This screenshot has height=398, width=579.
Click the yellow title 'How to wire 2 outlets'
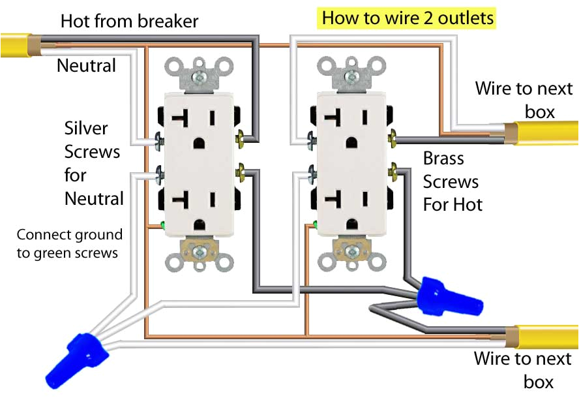(x=408, y=18)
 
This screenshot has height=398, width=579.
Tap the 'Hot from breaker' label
(x=129, y=21)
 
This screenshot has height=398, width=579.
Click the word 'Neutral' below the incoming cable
(x=87, y=65)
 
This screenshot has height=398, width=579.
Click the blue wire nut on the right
(x=450, y=296)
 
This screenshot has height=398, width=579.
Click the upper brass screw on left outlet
(x=244, y=138)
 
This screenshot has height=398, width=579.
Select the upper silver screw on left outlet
(x=159, y=140)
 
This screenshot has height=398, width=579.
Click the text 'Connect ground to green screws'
(x=69, y=243)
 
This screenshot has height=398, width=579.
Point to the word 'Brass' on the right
(x=443, y=159)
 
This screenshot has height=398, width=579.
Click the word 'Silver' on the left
(x=86, y=128)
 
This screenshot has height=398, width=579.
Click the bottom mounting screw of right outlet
(x=353, y=250)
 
